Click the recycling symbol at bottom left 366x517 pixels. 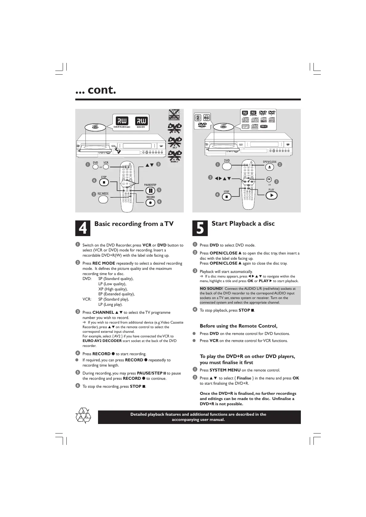coord(83,416)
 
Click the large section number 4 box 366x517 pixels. coord(83,228)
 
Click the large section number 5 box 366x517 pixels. coord(200,228)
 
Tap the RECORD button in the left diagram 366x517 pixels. coord(150,203)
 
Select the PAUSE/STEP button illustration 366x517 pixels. coord(150,191)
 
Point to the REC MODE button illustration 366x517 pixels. coord(103,199)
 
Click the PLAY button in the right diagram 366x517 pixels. coord(271,196)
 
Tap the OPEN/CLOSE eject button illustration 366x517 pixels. coord(270,167)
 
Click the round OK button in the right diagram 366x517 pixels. coord(269,179)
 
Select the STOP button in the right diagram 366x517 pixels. coord(226,196)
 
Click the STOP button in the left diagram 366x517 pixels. coord(104,182)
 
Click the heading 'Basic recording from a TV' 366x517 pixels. coord(134,224)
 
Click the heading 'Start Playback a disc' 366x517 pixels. coord(243,224)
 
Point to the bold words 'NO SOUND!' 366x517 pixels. coord(211,289)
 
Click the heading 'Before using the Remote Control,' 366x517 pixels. coord(238,326)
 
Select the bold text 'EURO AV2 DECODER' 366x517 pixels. coord(102,341)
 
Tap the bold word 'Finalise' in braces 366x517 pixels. coord(244,378)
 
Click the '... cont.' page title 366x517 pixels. coord(96,90)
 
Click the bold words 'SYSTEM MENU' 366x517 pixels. coord(225,370)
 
